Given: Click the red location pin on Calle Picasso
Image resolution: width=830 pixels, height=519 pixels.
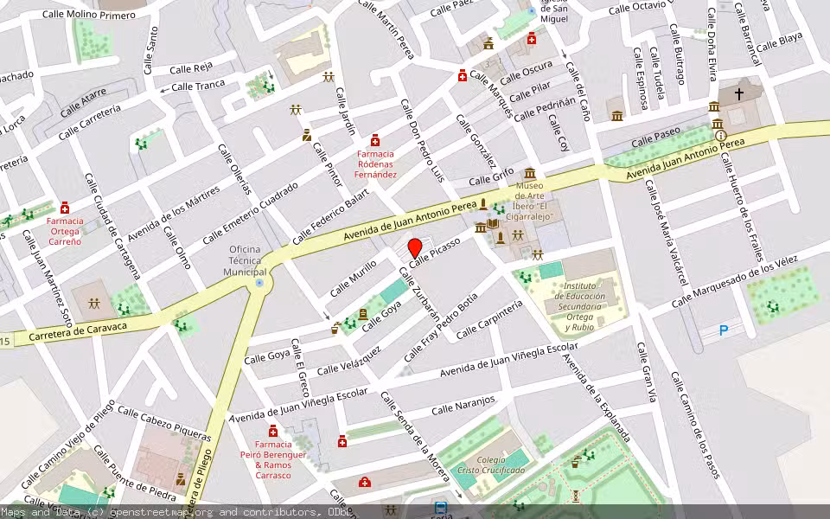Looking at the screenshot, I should click(x=415, y=247).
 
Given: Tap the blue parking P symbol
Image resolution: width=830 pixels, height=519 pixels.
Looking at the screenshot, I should click(x=725, y=330).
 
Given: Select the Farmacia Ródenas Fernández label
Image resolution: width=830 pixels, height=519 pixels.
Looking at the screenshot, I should click(x=377, y=164).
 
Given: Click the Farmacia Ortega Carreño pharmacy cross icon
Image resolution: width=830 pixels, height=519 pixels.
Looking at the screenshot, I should click(x=65, y=208).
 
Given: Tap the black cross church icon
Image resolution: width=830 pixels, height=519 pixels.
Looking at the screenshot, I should click(x=739, y=92).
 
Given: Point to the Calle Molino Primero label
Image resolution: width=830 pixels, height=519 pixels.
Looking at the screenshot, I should click(x=90, y=15).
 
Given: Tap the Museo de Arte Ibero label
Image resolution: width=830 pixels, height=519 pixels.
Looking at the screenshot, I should click(x=542, y=201).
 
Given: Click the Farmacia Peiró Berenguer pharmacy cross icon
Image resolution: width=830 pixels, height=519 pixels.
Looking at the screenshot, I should click(x=273, y=432).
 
